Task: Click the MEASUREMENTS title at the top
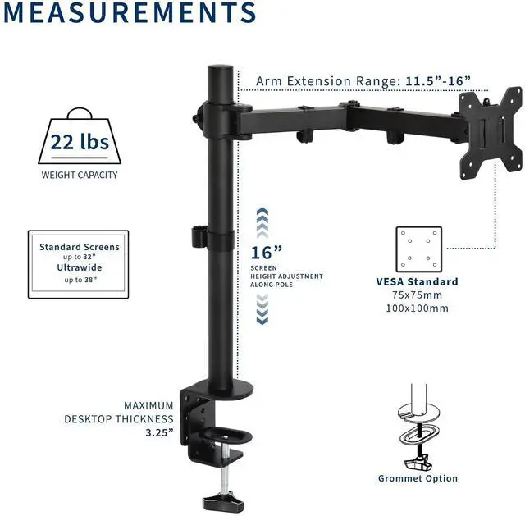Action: pyautogui.click(x=130, y=13)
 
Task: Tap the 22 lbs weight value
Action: pyautogui.click(x=80, y=142)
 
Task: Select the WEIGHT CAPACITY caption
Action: pyautogui.click(x=80, y=175)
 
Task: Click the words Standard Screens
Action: pyautogui.click(x=80, y=247)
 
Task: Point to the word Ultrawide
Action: pyautogui.click(x=80, y=267)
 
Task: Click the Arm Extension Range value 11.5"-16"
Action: pyautogui.click(x=438, y=80)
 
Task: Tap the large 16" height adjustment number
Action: pyautogui.click(x=267, y=253)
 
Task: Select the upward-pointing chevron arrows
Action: pyautogui.click(x=262, y=223)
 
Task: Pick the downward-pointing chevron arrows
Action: pyautogui.click(x=262, y=309)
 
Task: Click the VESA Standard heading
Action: pyautogui.click(x=418, y=282)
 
